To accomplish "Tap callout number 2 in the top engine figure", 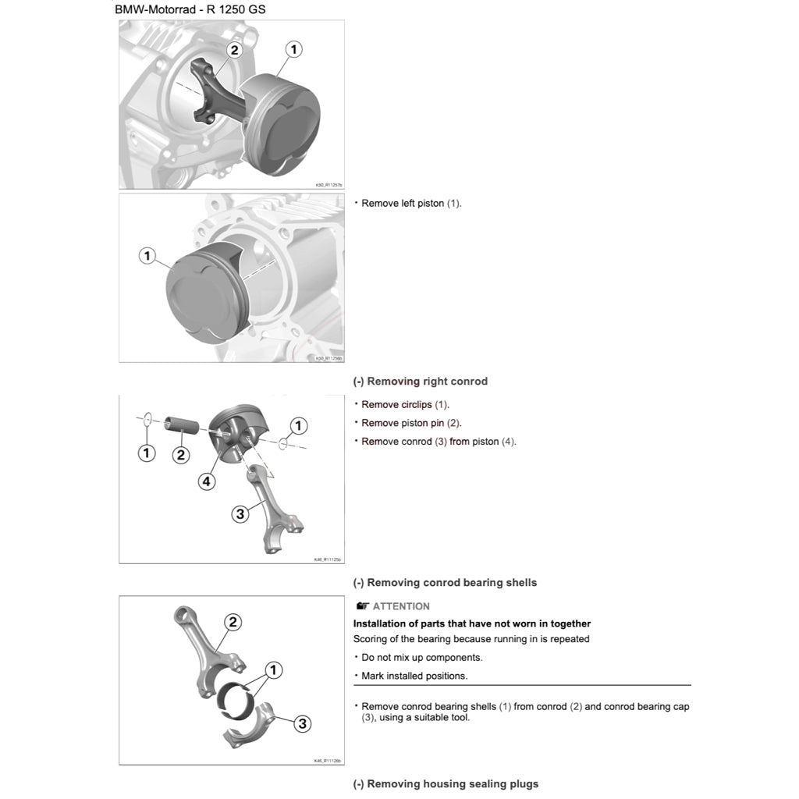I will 234,50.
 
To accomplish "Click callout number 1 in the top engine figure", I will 293,50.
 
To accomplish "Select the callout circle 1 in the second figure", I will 147,255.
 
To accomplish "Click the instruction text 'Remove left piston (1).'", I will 411,204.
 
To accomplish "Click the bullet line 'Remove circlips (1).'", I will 405,405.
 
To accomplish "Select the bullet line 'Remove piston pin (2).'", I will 411,423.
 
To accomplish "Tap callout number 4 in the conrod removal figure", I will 206,481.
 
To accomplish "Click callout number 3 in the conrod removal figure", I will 240,513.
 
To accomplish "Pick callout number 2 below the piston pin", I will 181,454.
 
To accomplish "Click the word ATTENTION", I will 401,606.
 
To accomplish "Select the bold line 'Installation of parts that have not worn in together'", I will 472,623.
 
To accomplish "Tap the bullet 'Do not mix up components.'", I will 421,658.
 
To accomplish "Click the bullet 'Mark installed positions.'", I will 414,676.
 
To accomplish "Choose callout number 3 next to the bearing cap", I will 303,723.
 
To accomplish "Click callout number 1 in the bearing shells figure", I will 273,669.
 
